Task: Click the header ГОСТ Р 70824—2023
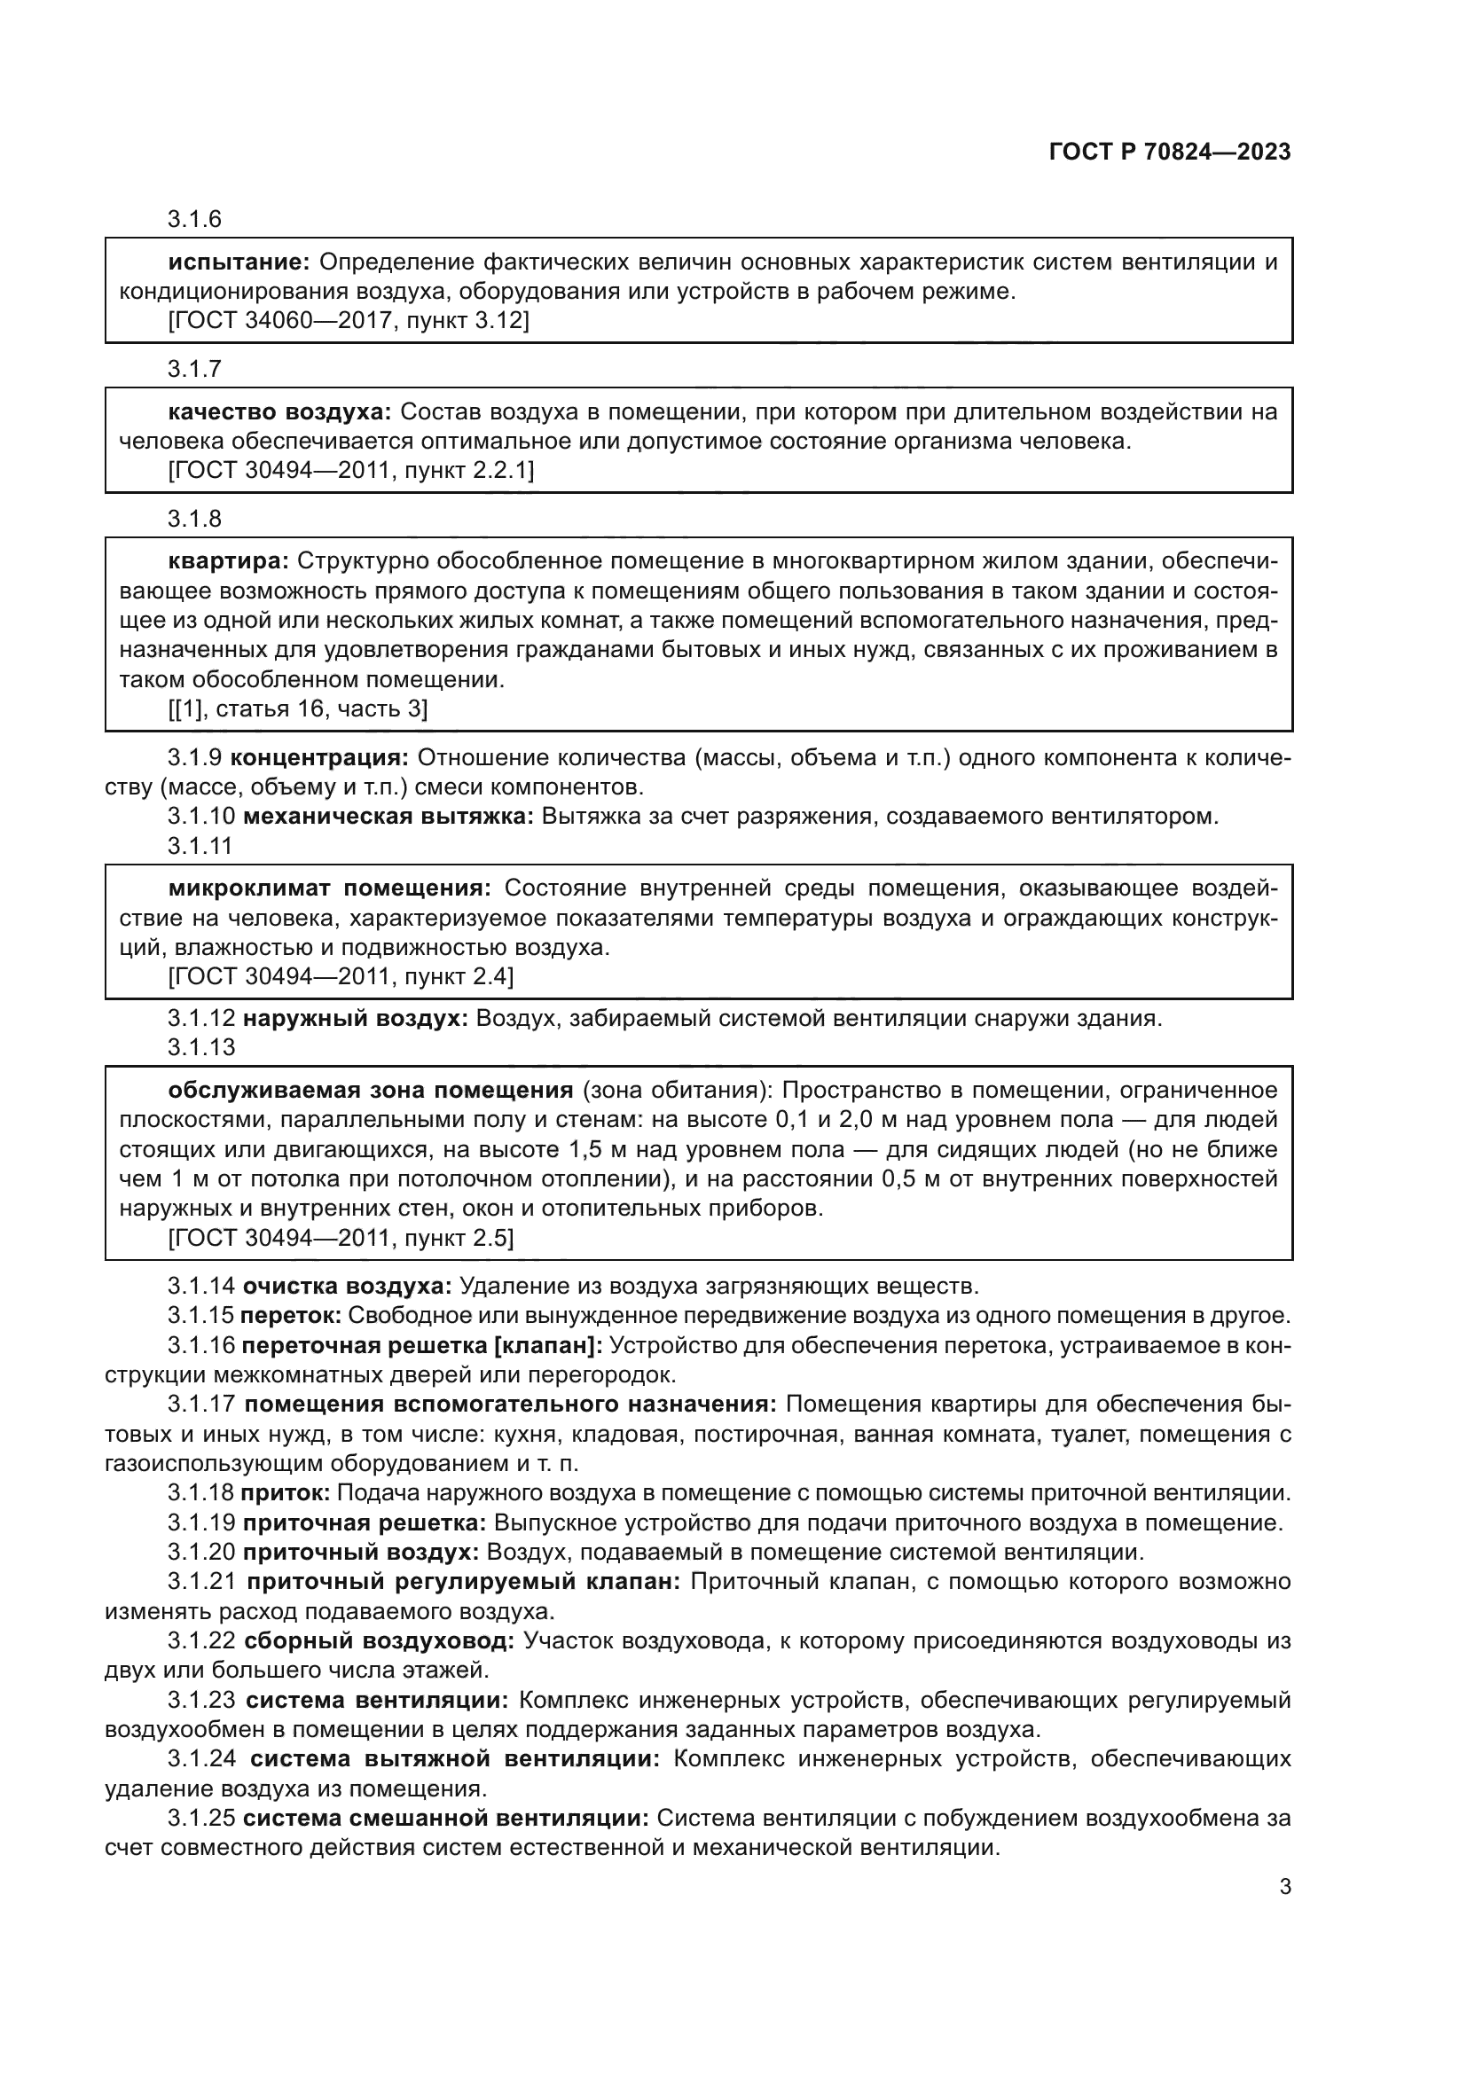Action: (x=1170, y=152)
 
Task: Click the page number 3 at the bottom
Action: (x=1284, y=1886)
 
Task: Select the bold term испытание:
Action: (x=239, y=262)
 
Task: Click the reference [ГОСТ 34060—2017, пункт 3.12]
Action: (x=349, y=321)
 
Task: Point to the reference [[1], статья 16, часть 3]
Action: (x=298, y=709)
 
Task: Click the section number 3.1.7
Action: (x=194, y=370)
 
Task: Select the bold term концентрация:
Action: (x=321, y=758)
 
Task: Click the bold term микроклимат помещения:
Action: (x=330, y=888)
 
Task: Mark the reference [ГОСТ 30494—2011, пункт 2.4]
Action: (x=341, y=976)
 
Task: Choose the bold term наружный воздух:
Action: (x=355, y=1019)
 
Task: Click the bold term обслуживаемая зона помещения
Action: (x=371, y=1091)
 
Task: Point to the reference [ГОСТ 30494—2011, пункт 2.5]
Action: (x=341, y=1238)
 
